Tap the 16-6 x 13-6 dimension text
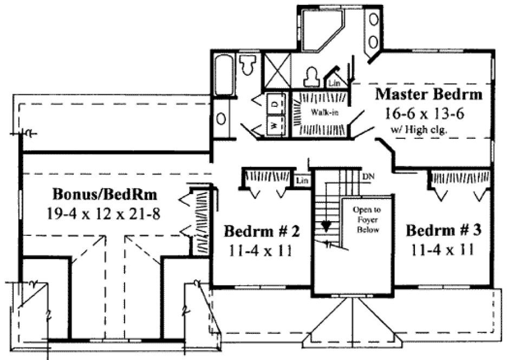point(427,114)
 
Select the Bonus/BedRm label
point(102,194)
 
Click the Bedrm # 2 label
point(262,232)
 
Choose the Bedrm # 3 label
point(444,230)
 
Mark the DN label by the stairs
point(368,177)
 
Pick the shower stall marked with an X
point(277,71)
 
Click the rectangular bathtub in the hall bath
point(222,73)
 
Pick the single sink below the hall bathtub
point(222,118)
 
